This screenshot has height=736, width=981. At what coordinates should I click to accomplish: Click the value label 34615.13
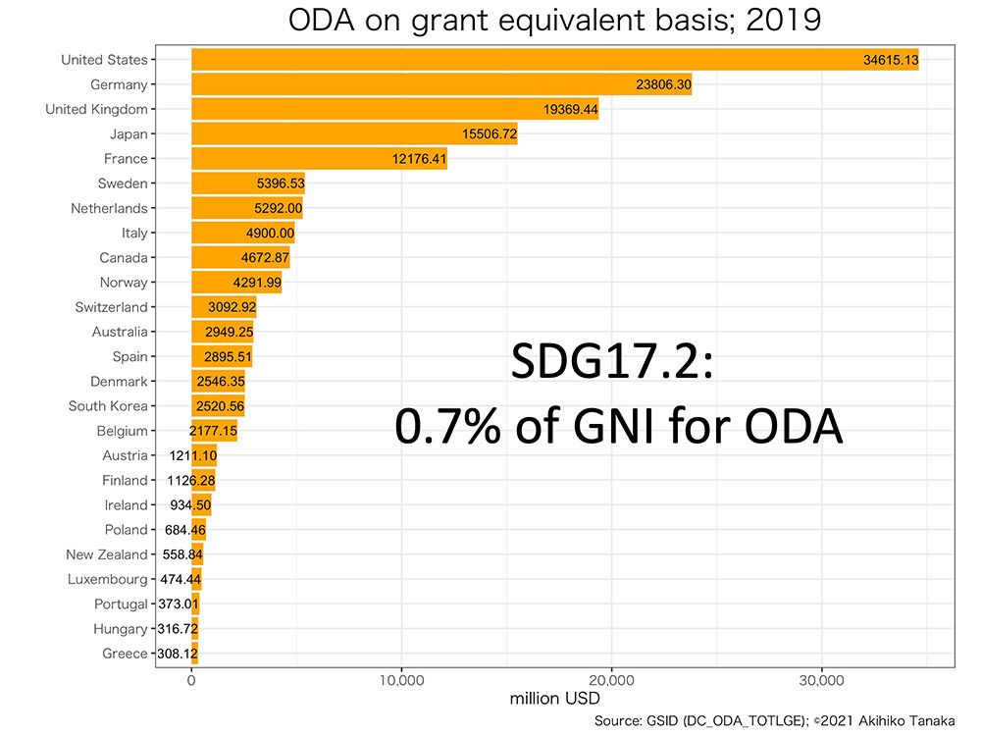point(891,61)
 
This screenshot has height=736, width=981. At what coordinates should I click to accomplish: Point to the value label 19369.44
point(571,110)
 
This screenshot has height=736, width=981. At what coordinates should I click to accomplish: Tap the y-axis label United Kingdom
point(96,110)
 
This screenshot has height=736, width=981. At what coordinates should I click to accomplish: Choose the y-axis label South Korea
point(108,406)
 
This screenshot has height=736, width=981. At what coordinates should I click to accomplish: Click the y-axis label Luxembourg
point(107,579)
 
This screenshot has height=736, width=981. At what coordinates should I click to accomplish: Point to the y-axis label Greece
point(125,654)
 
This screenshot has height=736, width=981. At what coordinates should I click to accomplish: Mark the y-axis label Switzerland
point(111,307)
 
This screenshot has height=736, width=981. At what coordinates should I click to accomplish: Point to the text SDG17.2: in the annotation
point(617,365)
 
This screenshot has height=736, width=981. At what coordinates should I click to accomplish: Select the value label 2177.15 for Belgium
point(214,431)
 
